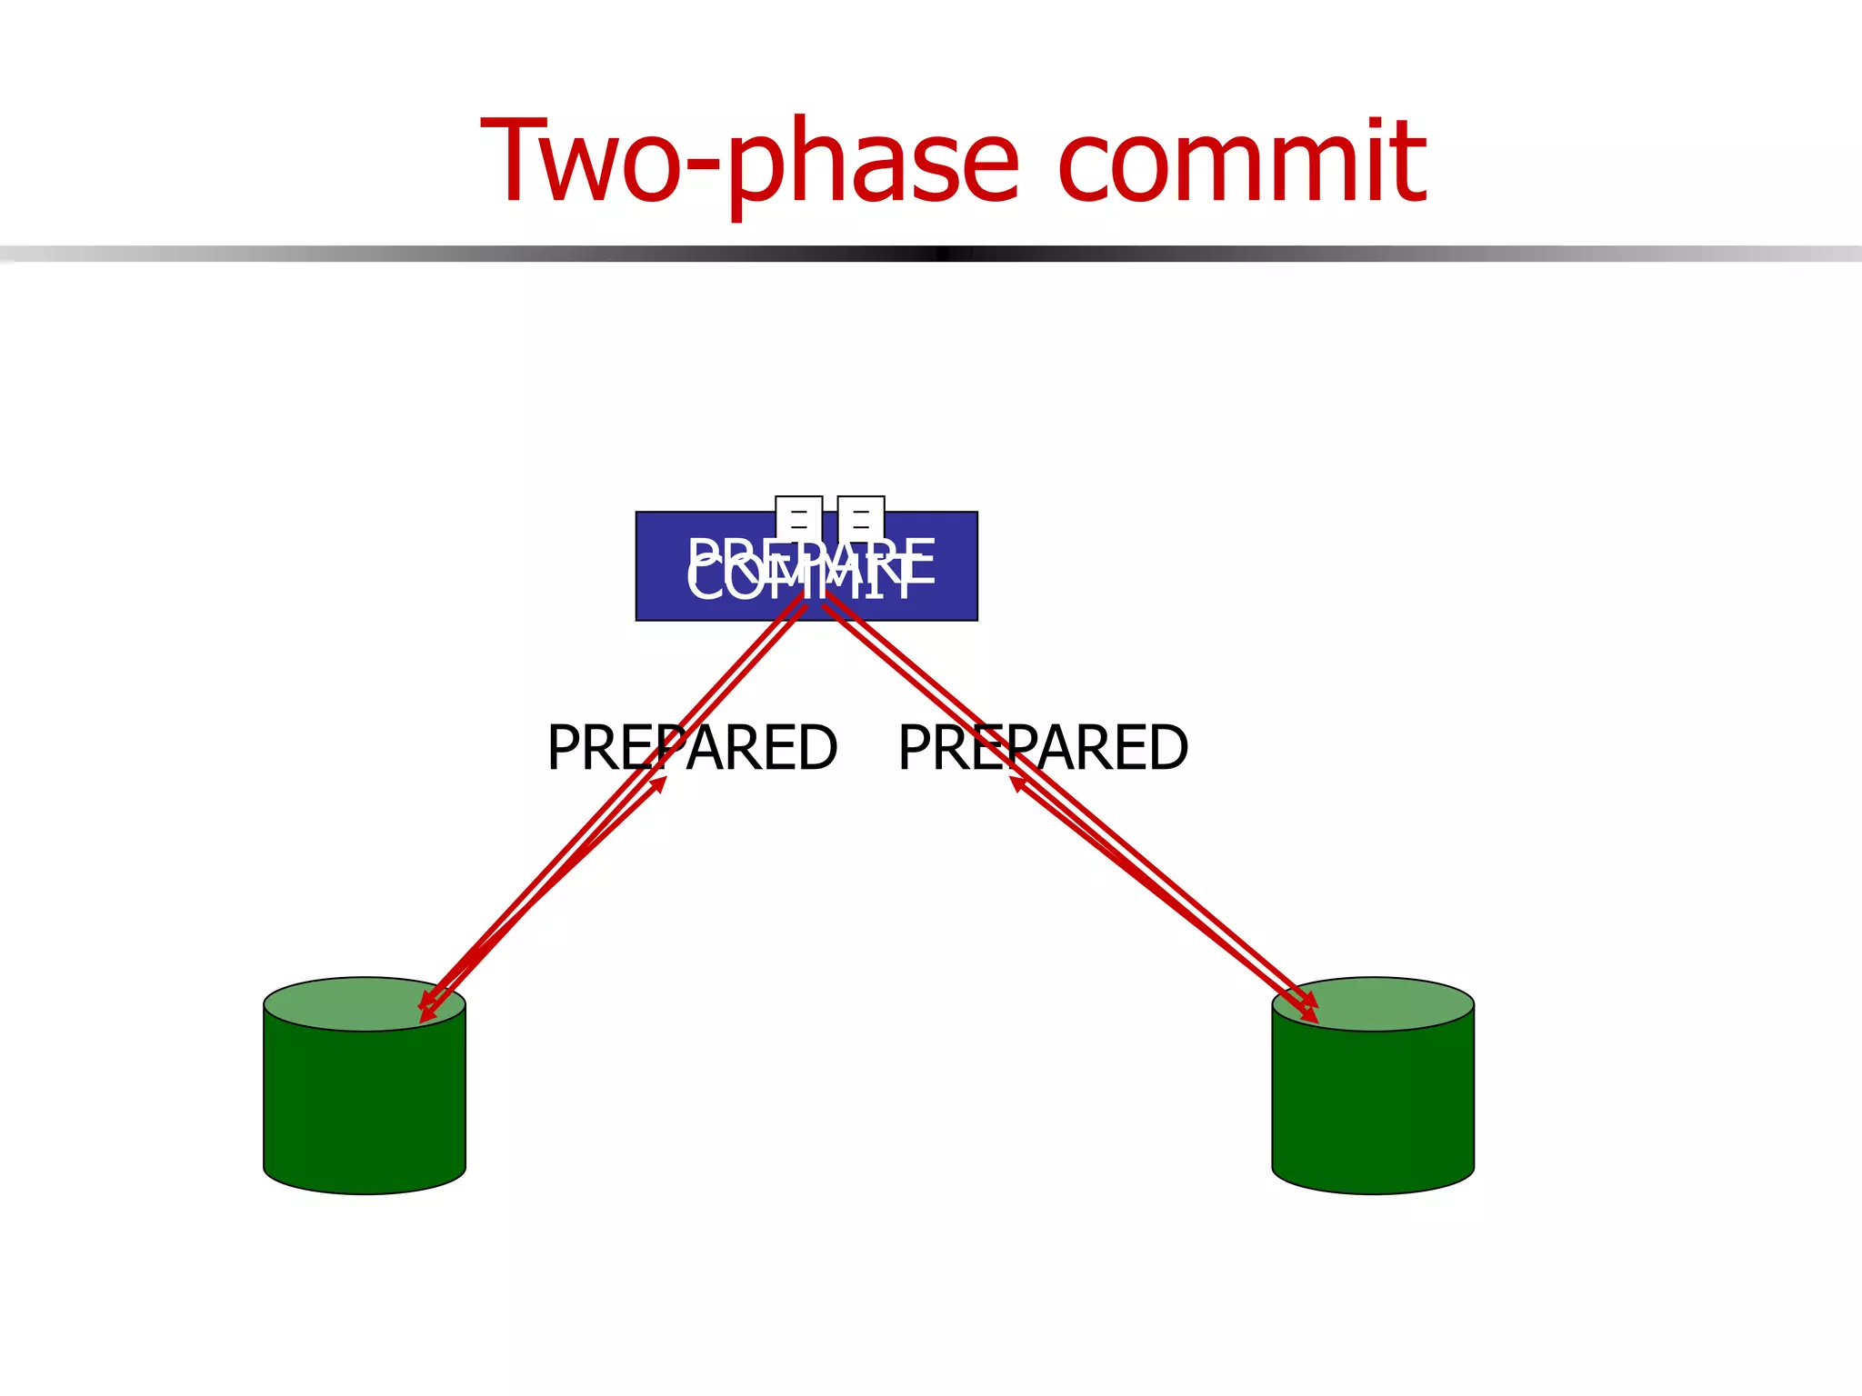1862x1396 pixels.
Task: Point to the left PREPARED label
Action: coord(692,748)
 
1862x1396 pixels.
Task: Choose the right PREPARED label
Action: coord(1043,748)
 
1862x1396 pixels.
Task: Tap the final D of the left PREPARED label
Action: coord(816,748)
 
